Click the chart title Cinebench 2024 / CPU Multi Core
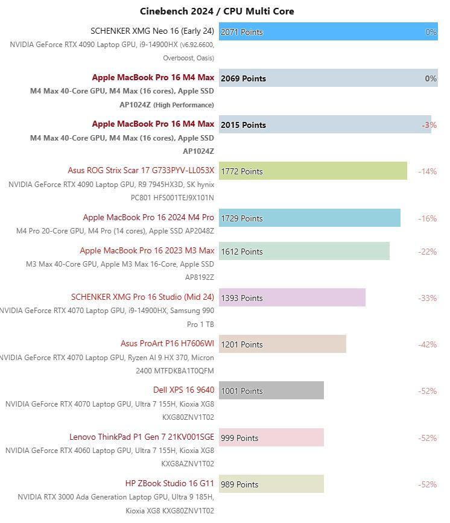point(217,11)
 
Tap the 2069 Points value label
point(243,78)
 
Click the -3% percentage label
point(429,125)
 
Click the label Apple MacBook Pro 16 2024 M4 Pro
point(148,217)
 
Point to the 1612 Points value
point(242,252)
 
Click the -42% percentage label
point(427,344)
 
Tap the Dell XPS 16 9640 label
point(183,390)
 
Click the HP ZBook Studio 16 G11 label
point(170,483)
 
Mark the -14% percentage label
point(427,171)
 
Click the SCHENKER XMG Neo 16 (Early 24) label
point(152,31)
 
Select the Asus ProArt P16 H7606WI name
point(167,343)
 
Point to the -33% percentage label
point(427,298)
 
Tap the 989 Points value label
point(239,484)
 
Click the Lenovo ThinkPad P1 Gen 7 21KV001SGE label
point(142,437)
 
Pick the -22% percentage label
point(427,252)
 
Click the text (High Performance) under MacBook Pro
point(183,105)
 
